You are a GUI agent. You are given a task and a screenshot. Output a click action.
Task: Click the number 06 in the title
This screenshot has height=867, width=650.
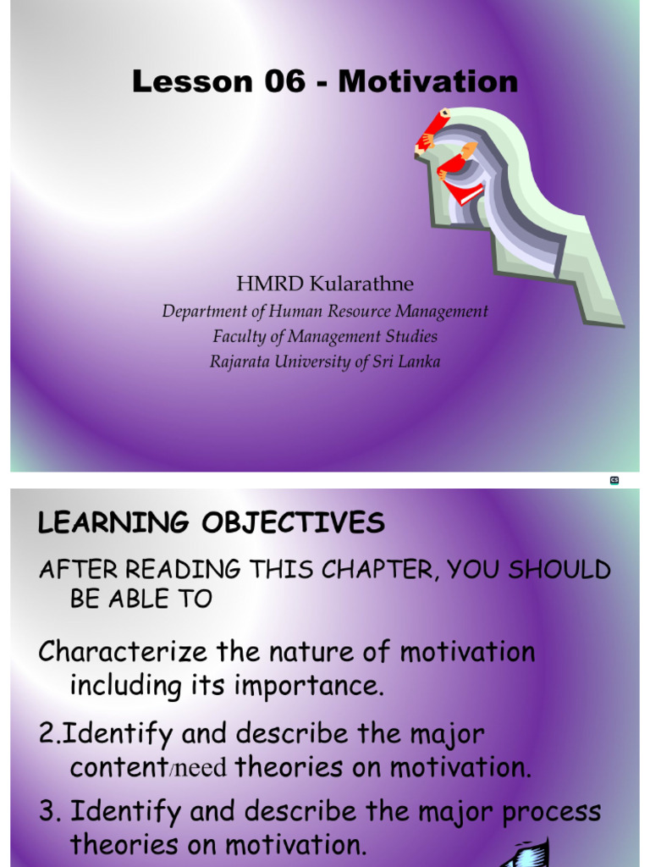(x=284, y=81)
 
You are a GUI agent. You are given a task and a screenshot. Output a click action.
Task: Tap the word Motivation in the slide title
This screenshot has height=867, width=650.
(x=427, y=81)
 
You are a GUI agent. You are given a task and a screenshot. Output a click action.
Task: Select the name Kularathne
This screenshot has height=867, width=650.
(x=361, y=284)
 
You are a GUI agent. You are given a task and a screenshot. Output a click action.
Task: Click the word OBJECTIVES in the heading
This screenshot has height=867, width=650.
(x=293, y=522)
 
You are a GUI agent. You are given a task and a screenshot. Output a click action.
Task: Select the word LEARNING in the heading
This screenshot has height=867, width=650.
(x=113, y=523)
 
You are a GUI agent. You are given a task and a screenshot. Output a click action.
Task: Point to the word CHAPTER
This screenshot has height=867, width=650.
(x=380, y=570)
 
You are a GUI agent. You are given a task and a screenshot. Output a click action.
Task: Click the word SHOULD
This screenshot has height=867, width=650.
(x=559, y=570)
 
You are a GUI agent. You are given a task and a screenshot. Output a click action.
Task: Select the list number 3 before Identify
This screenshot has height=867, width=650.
(x=47, y=811)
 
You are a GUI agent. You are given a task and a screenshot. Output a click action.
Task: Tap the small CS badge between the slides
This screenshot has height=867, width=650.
(x=614, y=481)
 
